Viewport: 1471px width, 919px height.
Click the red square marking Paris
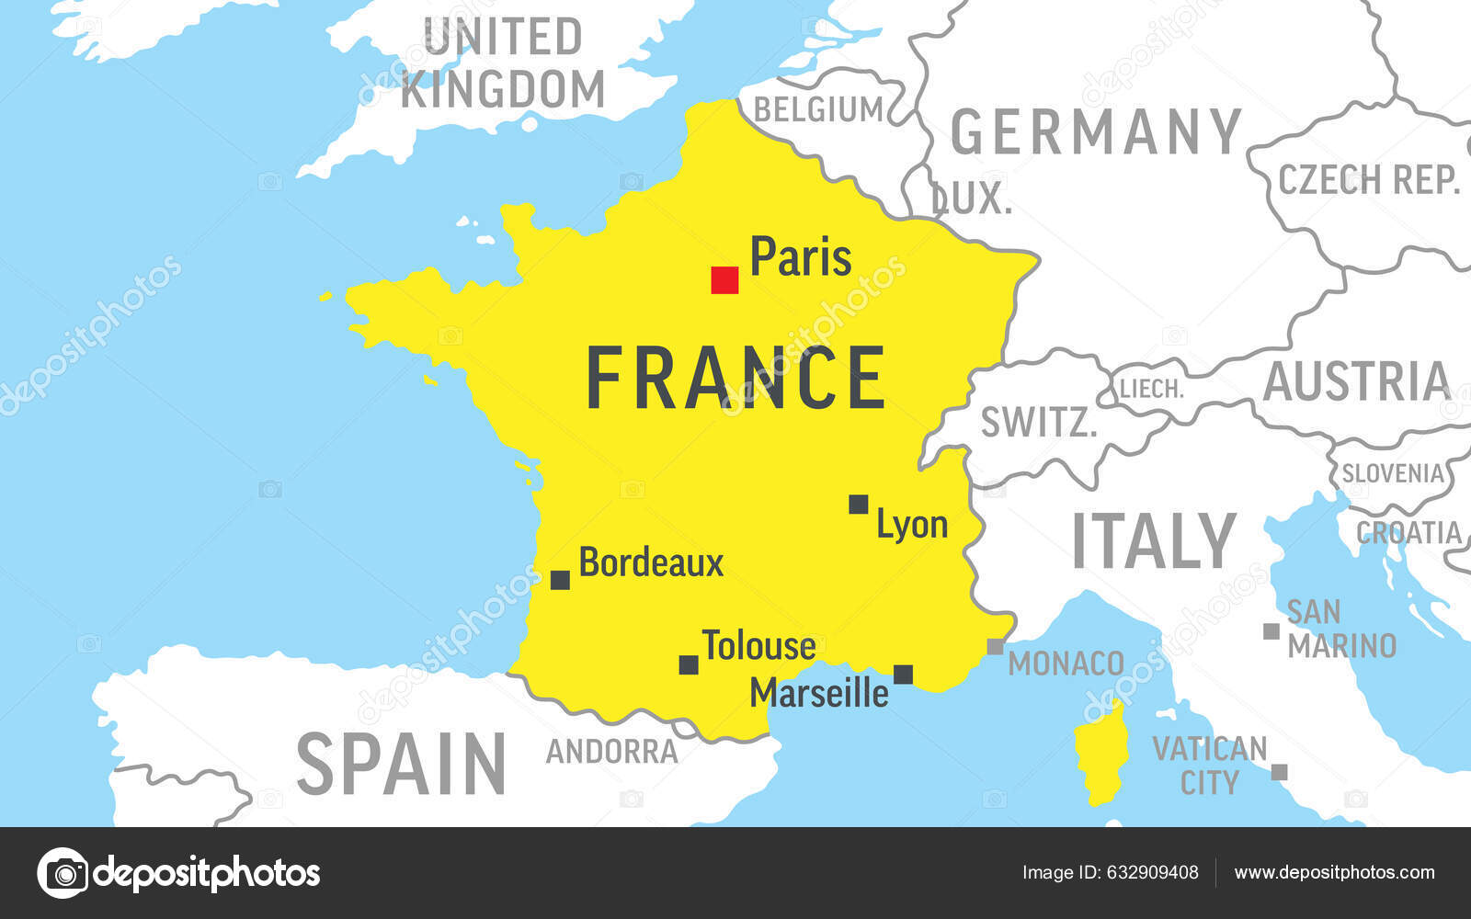tap(724, 280)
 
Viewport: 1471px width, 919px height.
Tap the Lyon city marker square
tap(858, 504)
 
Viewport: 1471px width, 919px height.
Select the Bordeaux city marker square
tap(560, 580)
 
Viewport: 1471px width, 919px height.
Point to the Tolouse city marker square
tap(689, 664)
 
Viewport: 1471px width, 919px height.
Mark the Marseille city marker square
tap(904, 675)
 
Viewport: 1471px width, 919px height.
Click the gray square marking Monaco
tap(995, 647)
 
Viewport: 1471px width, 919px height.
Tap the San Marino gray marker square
tap(1271, 631)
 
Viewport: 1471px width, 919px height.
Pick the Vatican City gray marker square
tap(1279, 772)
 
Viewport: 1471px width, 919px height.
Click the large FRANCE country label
tap(735, 378)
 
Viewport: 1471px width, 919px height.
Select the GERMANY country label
tap(1096, 132)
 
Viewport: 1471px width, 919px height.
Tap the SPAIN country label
tap(401, 764)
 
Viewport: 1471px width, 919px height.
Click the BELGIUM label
tap(818, 109)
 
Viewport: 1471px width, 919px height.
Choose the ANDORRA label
tap(611, 752)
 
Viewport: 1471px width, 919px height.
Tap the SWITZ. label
tap(1039, 423)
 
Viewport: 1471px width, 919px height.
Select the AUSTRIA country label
tap(1356, 381)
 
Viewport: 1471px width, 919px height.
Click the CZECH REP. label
tap(1368, 179)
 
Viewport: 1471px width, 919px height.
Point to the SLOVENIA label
tap(1393, 473)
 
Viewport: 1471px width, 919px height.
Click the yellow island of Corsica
tap(1101, 754)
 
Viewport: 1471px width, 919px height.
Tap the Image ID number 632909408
tap(1153, 872)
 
